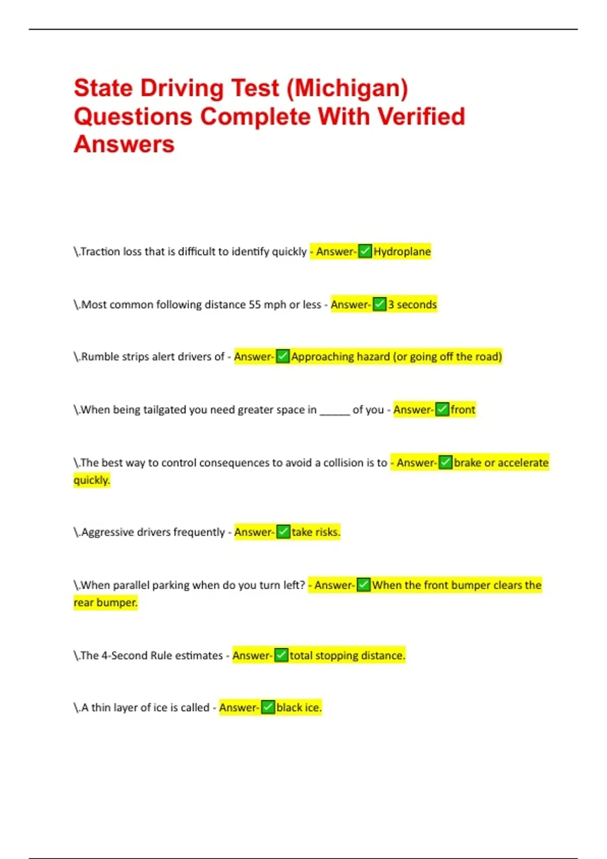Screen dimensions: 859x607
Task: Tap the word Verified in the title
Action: pos(421,117)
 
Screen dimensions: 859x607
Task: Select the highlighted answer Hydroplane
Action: pos(402,252)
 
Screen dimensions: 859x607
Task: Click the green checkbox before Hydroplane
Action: pos(365,251)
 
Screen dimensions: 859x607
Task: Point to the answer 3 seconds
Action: pos(412,305)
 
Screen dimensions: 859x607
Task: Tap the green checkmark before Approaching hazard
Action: pos(283,356)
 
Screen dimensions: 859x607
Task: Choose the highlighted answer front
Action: pos(463,410)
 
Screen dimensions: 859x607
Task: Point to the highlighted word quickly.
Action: pos(92,480)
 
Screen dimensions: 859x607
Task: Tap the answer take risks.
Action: pos(316,532)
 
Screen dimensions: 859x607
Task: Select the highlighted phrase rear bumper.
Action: pos(105,602)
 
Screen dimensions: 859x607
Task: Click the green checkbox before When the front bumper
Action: pos(364,585)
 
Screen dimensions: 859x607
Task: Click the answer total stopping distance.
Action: pos(347,655)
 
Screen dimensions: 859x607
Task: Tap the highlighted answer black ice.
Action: pos(298,707)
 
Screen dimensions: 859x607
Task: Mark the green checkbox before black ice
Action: pos(268,707)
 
